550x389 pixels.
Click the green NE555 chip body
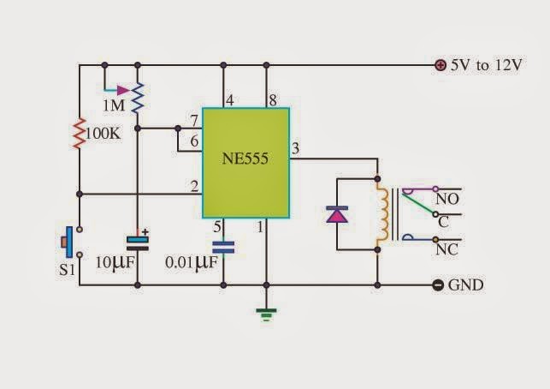[x=245, y=163]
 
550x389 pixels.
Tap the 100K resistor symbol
[x=79, y=135]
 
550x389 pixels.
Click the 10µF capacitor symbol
[x=137, y=241]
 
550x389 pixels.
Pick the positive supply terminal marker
[x=440, y=65]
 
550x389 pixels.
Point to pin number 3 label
[x=295, y=149]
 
